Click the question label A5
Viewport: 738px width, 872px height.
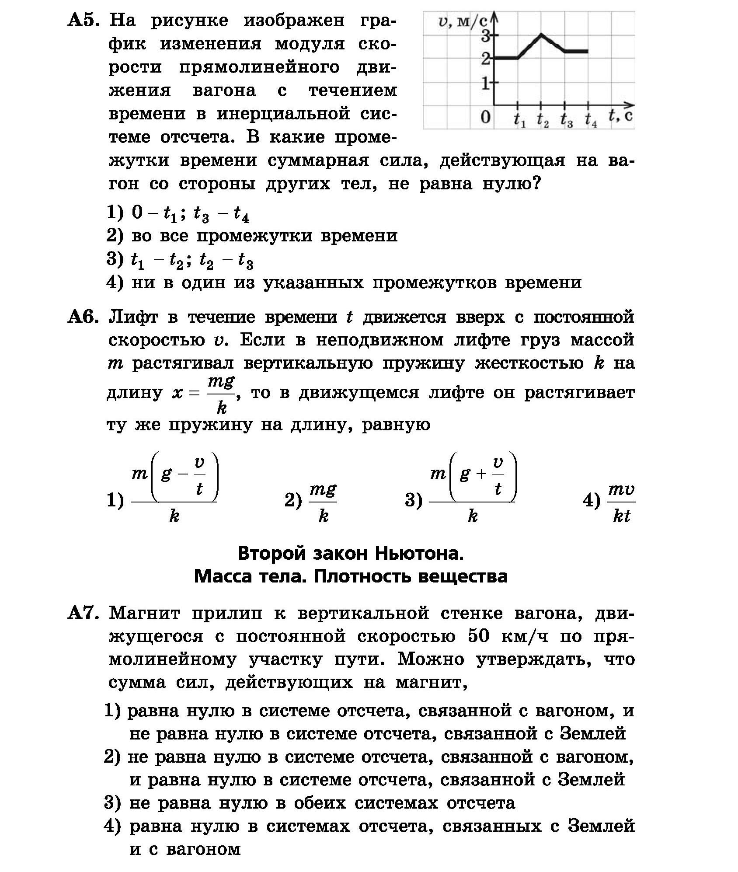84,21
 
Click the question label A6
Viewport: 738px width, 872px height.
84,317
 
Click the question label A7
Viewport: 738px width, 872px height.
84,614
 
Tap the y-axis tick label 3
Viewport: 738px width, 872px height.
485,37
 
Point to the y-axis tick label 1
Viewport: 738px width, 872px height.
485,83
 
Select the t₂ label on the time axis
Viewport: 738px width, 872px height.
542,120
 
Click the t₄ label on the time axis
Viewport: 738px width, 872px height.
591,120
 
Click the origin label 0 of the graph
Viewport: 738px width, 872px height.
485,118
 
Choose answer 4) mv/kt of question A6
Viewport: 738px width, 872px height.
621,502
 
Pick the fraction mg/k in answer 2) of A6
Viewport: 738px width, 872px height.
323,502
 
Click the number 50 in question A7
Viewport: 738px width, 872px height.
478,636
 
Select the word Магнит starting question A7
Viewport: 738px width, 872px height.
144,614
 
